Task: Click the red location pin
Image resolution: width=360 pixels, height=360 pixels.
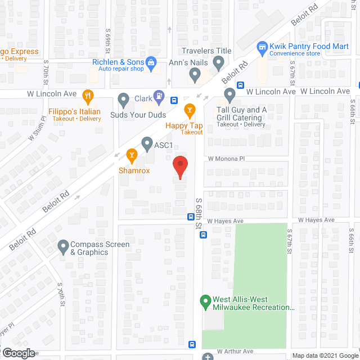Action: pos(179,167)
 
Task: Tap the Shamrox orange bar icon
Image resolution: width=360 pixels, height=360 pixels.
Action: pos(132,154)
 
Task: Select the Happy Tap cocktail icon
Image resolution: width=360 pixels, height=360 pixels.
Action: pos(190,108)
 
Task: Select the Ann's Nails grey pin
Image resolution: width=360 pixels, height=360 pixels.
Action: pos(195,74)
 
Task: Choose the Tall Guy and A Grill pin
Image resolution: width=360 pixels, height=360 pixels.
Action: pos(229,94)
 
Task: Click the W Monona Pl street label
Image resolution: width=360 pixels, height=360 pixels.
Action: pos(226,159)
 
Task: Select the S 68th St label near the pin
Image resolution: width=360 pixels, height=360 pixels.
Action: pos(199,213)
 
